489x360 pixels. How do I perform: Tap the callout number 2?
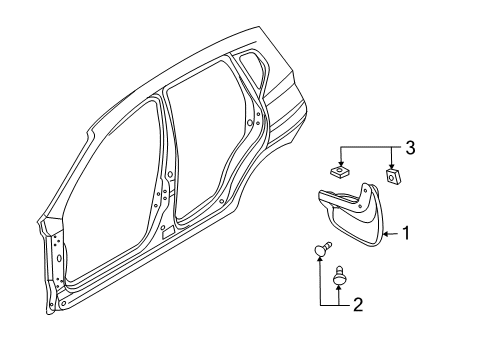(x=356, y=304)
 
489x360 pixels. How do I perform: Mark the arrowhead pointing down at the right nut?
(x=392, y=165)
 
